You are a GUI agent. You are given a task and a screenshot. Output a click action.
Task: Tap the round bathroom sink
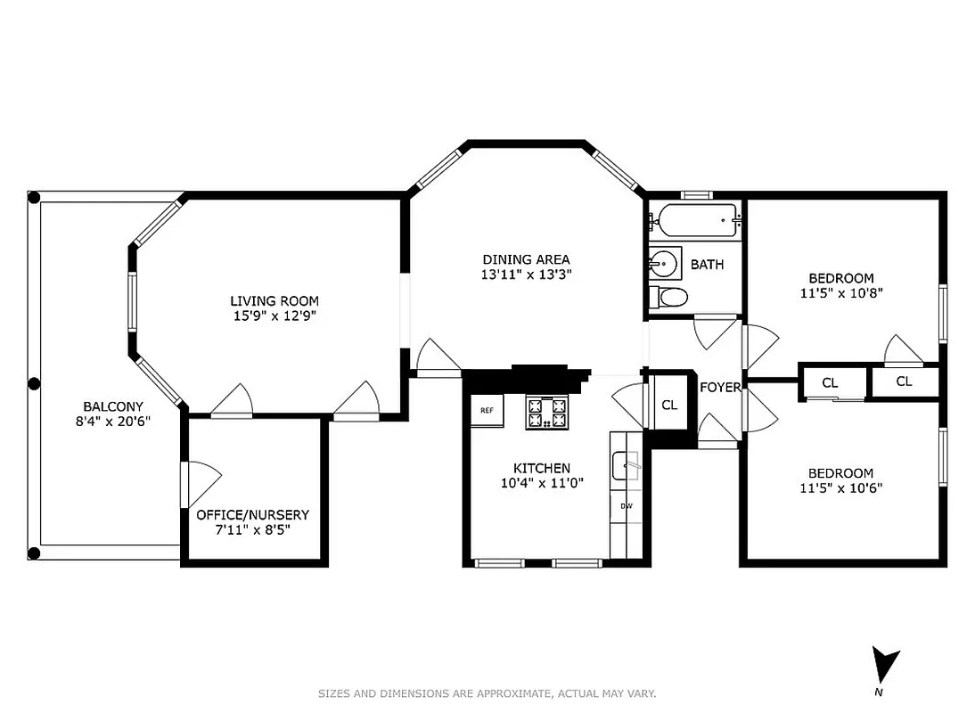pyautogui.click(x=663, y=263)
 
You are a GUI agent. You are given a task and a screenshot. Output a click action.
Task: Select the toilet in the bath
pyautogui.click(x=668, y=298)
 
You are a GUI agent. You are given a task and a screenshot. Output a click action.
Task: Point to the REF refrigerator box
pyautogui.click(x=487, y=411)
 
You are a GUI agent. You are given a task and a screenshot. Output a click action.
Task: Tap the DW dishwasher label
pyautogui.click(x=626, y=506)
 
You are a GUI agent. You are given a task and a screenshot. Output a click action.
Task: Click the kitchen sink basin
pyautogui.click(x=626, y=464)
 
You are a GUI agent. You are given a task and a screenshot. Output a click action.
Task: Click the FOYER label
pyautogui.click(x=720, y=388)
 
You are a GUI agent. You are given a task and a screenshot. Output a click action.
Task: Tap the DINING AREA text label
pyautogui.click(x=525, y=259)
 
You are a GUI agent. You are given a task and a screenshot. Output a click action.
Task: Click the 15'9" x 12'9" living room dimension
pyautogui.click(x=274, y=316)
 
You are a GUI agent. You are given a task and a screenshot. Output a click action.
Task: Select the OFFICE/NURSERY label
pyautogui.click(x=253, y=514)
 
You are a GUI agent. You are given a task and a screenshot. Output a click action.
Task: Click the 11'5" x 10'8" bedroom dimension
pyautogui.click(x=841, y=292)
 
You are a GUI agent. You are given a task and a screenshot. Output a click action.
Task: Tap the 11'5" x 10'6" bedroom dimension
pyautogui.click(x=841, y=488)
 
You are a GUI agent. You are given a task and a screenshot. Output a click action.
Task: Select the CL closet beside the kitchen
pyautogui.click(x=669, y=405)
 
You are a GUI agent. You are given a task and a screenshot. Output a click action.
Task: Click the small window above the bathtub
pyautogui.click(x=695, y=194)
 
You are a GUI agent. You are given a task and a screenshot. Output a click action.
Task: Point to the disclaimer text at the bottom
pyautogui.click(x=487, y=693)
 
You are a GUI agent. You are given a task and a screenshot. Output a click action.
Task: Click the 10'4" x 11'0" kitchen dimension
pyautogui.click(x=541, y=483)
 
